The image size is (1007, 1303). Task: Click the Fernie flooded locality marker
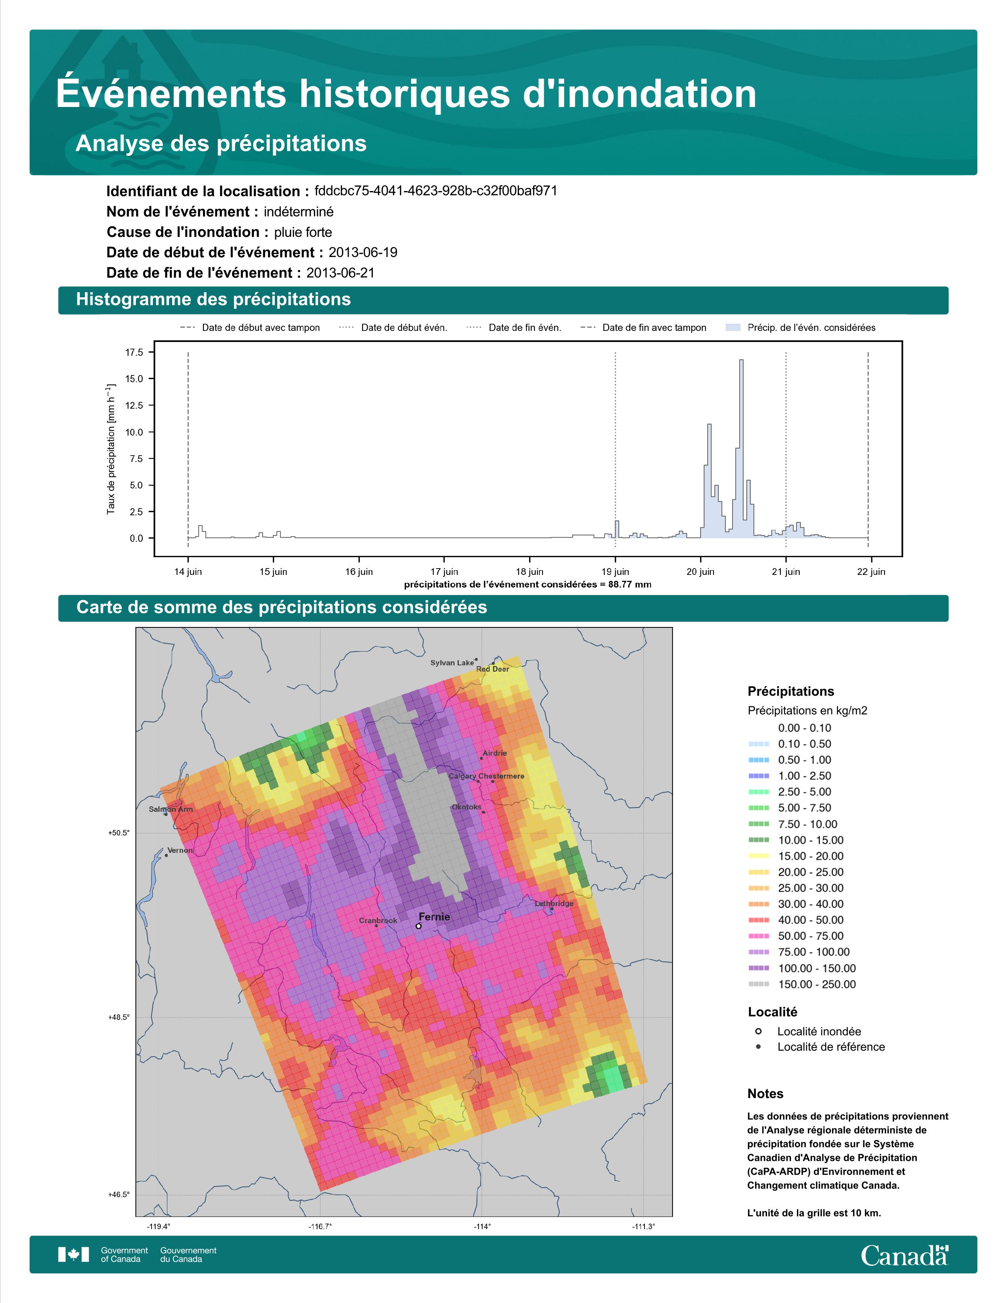point(419,926)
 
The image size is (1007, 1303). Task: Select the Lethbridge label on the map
point(554,903)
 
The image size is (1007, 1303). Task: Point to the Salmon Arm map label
point(171,809)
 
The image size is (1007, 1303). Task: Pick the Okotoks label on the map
point(466,807)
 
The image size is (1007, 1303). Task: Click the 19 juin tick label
point(614,572)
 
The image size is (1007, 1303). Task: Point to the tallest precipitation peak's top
point(741,360)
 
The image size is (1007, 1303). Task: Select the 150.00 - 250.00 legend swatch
point(758,984)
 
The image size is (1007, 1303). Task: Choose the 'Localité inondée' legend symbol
point(758,1031)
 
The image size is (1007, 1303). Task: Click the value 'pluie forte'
point(303,232)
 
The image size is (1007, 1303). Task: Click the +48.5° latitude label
point(119,1017)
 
